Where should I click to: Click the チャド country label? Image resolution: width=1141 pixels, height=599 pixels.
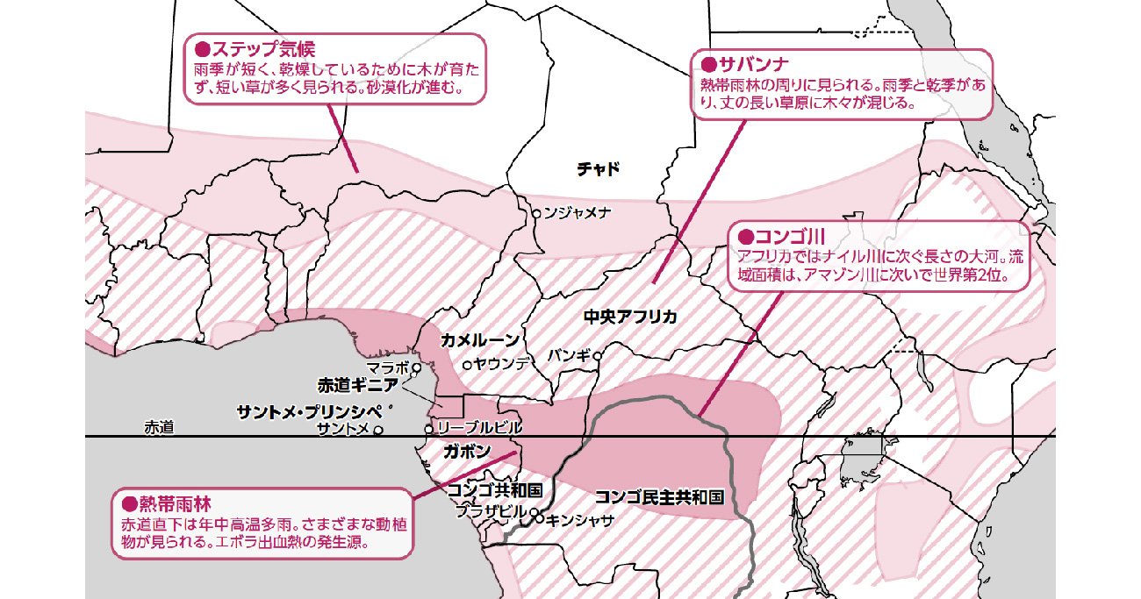pos(598,169)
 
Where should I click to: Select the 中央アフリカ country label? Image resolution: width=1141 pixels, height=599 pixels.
pos(630,317)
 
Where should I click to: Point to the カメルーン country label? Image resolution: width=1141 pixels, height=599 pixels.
pos(480,339)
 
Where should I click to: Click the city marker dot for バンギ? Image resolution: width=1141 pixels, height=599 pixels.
pos(597,356)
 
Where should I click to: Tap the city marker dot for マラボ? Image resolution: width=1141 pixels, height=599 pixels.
pos(417,368)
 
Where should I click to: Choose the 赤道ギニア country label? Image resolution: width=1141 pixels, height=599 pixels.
pos(358,384)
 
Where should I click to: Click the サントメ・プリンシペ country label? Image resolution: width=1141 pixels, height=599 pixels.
pos(311,410)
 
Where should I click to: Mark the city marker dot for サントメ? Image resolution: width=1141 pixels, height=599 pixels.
pos(378,430)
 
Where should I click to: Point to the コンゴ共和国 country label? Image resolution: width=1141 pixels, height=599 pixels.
pos(495,489)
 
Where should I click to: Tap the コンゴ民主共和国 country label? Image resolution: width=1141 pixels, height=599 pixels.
pos(659,496)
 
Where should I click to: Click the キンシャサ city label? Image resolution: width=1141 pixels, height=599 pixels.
pos(580,519)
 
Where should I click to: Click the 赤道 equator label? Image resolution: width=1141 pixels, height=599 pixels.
pos(159,428)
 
